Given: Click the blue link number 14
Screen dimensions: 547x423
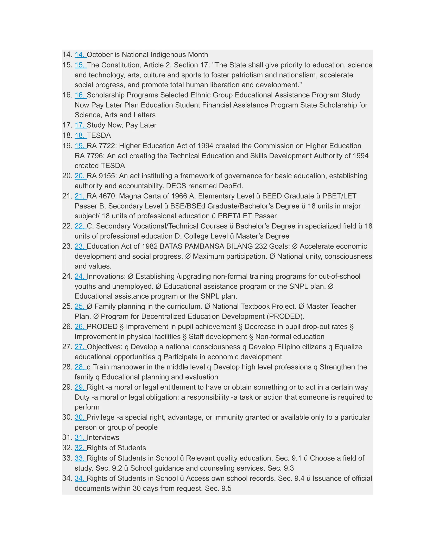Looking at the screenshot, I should click(x=80, y=55).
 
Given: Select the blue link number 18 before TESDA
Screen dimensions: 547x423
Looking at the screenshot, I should click(x=80, y=135).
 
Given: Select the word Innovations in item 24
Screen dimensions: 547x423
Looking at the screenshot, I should click(x=106, y=276).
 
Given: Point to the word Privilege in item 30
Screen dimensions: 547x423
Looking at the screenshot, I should click(x=101, y=417).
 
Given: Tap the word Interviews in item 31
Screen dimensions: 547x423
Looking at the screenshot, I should click(x=103, y=437).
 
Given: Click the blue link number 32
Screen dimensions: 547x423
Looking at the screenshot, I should click(x=80, y=448).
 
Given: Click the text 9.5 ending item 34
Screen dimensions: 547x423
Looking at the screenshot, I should click(x=226, y=488).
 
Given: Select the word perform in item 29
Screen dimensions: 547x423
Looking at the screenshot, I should click(x=87, y=407).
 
